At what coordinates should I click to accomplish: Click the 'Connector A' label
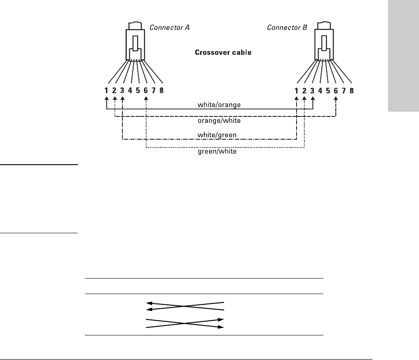pyautogui.click(x=169, y=28)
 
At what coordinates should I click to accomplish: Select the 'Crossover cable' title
pyautogui.click(x=223, y=53)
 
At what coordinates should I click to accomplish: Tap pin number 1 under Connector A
pyautogui.click(x=106, y=91)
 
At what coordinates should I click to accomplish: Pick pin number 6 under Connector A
pyautogui.click(x=146, y=91)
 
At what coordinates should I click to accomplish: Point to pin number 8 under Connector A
pyautogui.click(x=162, y=91)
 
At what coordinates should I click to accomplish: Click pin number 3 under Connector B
pyautogui.click(x=313, y=91)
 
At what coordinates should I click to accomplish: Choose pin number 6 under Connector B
pyautogui.click(x=336, y=91)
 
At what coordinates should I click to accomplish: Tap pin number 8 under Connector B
pyautogui.click(x=352, y=91)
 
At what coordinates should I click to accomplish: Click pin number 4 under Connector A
pyautogui.click(x=130, y=91)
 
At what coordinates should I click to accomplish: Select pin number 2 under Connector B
pyautogui.click(x=304, y=91)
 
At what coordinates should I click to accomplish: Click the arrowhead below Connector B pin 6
pyautogui.click(x=336, y=99)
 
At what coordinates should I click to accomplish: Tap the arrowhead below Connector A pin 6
pyautogui.click(x=146, y=99)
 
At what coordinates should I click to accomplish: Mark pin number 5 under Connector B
pyautogui.click(x=328, y=91)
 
